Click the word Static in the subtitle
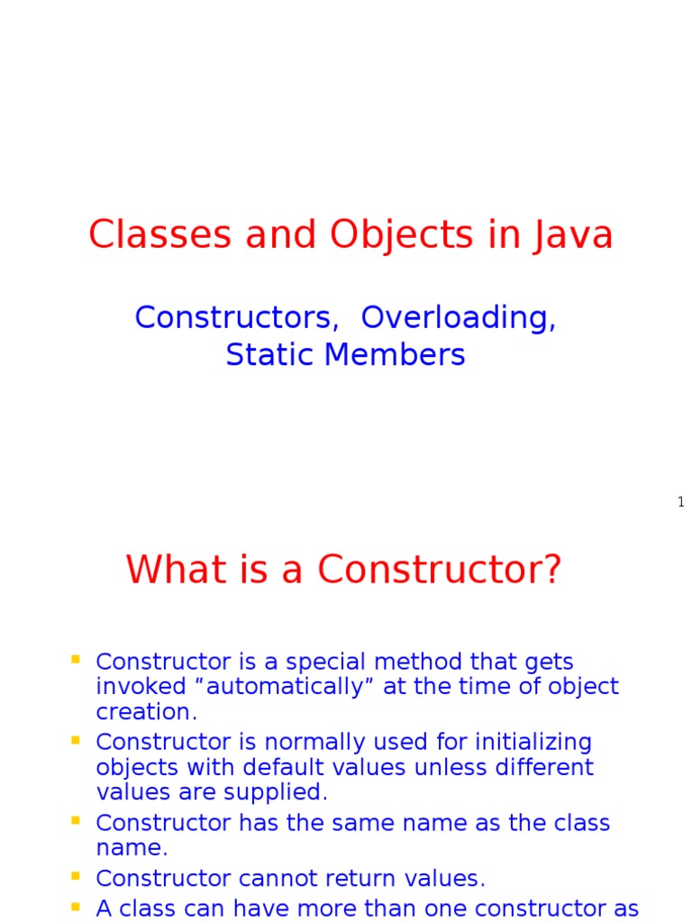pos(270,354)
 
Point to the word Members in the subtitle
pos(395,354)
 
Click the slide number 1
pos(681,502)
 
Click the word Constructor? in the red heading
pos(440,570)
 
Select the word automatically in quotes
pos(286,687)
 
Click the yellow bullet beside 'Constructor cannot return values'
pos(76,876)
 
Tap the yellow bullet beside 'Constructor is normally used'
pos(76,740)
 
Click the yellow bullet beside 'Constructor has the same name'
pos(76,820)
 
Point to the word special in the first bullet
pos(325,663)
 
